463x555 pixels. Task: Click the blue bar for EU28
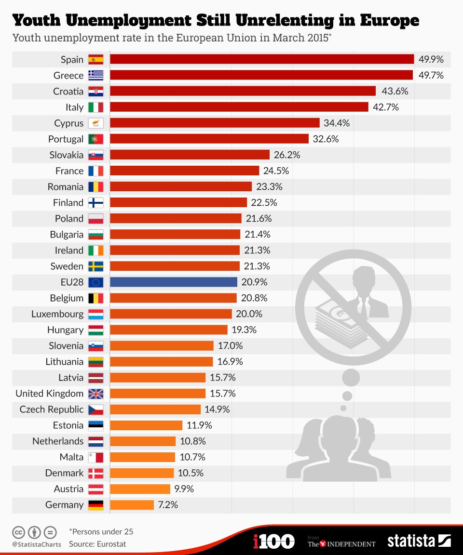point(174,282)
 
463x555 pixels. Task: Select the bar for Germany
point(132,505)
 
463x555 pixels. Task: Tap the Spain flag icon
point(95,60)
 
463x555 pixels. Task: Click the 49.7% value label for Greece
point(431,76)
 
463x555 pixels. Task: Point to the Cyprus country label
point(68,123)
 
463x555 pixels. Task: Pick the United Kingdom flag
point(95,394)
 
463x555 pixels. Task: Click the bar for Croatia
point(243,92)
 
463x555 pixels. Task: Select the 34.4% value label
point(337,123)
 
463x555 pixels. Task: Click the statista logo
point(419,541)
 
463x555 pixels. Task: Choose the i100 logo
point(273,541)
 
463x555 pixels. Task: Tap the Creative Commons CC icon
point(18,532)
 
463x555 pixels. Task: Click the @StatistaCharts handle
point(37,544)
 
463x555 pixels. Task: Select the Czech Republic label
point(52,410)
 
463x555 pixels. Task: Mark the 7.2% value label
point(168,505)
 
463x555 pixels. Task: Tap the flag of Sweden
point(95,266)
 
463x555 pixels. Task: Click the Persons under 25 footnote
point(101,532)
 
